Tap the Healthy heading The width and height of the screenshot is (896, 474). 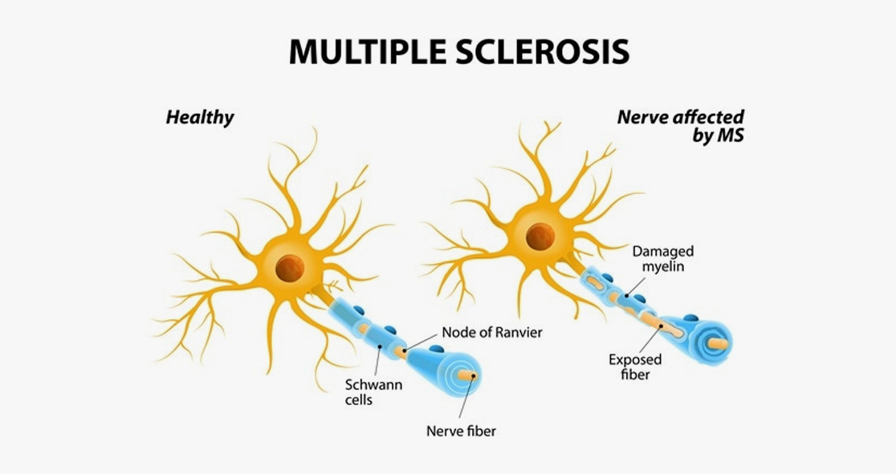[x=200, y=118]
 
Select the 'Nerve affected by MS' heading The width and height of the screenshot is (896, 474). [x=681, y=126]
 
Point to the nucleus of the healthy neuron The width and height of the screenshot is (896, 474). [x=289, y=268]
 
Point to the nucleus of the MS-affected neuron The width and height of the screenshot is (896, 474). [x=540, y=236]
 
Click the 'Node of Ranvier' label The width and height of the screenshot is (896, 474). [x=491, y=332]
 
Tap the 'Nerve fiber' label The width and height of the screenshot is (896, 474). [x=461, y=431]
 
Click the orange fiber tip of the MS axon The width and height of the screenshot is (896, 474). [x=720, y=343]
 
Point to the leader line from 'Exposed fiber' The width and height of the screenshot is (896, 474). [x=647, y=338]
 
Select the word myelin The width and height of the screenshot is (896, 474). [x=663, y=265]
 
